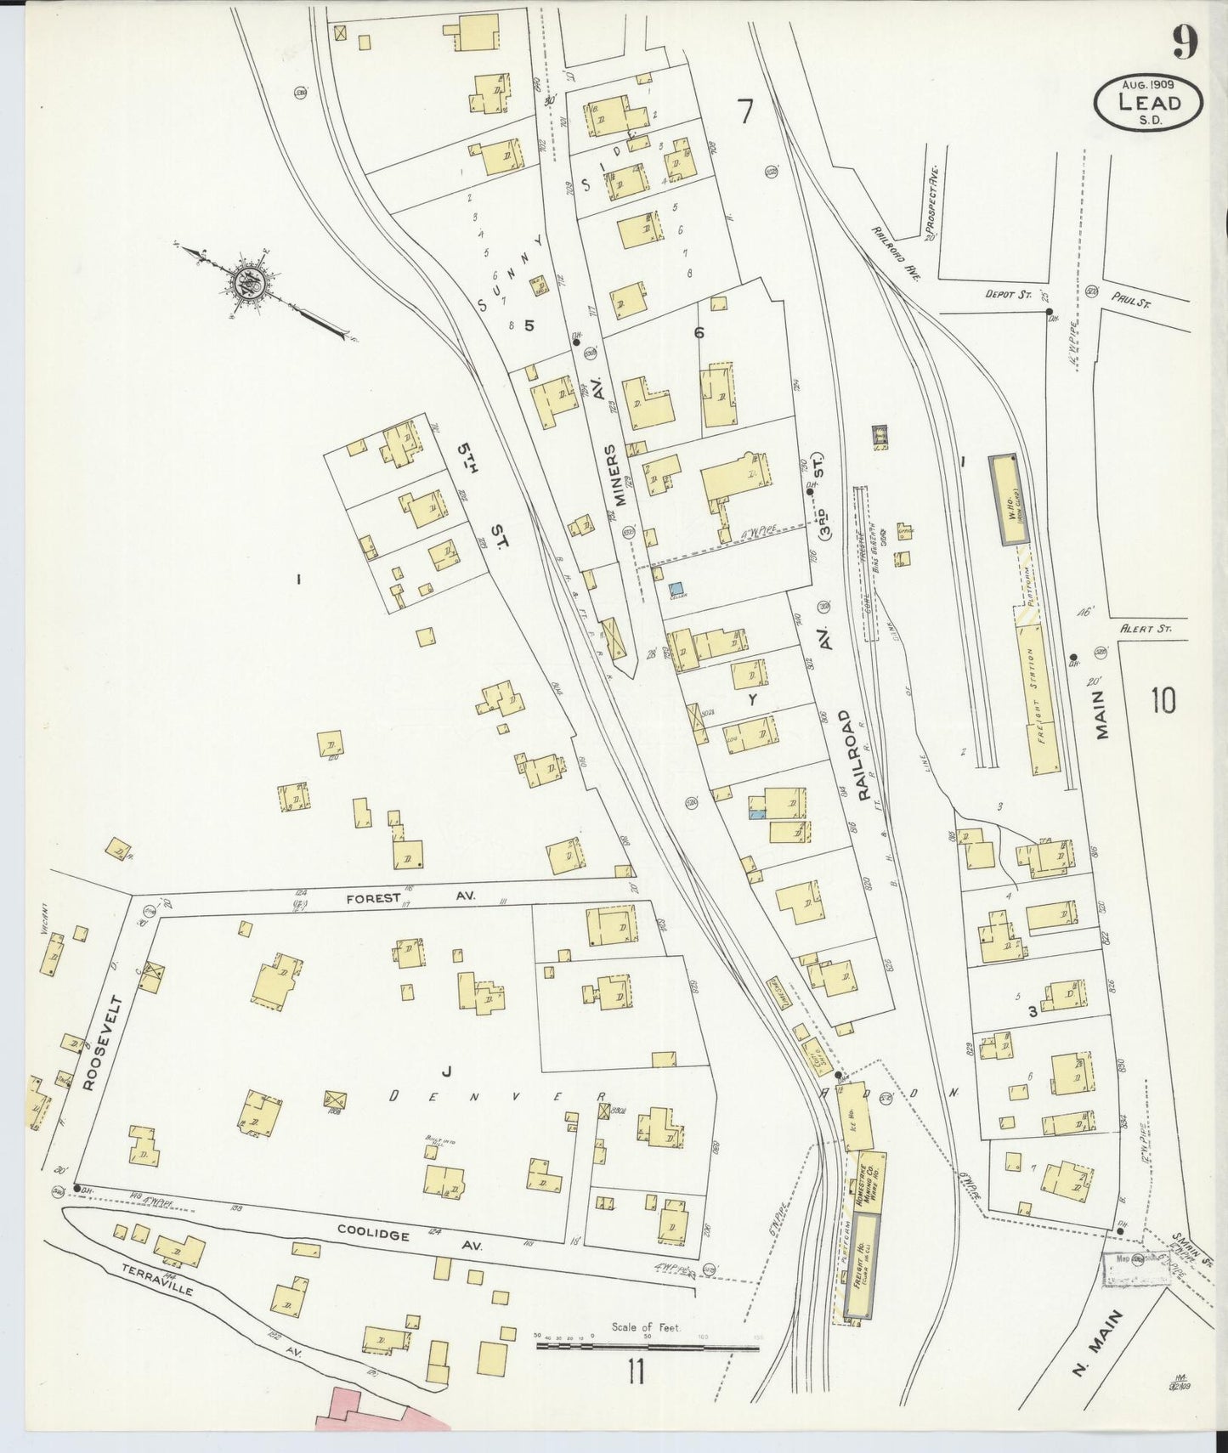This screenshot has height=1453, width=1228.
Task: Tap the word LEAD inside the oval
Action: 1149,103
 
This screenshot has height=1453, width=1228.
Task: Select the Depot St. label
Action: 1007,295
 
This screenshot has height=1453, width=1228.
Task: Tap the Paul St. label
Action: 1129,299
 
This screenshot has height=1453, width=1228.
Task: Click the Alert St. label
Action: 1146,629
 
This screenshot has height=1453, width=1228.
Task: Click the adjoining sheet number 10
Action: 1163,701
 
